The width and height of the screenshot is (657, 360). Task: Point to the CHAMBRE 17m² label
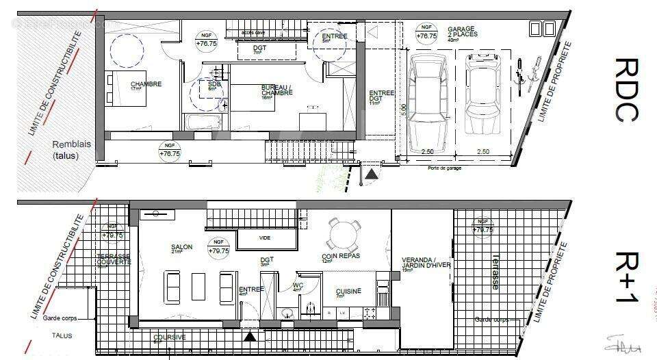click(146, 86)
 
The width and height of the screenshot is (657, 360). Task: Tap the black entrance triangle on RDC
click(370, 176)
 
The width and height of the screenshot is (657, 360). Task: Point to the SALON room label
click(182, 248)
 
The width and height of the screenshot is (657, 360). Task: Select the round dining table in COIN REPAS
click(342, 235)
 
